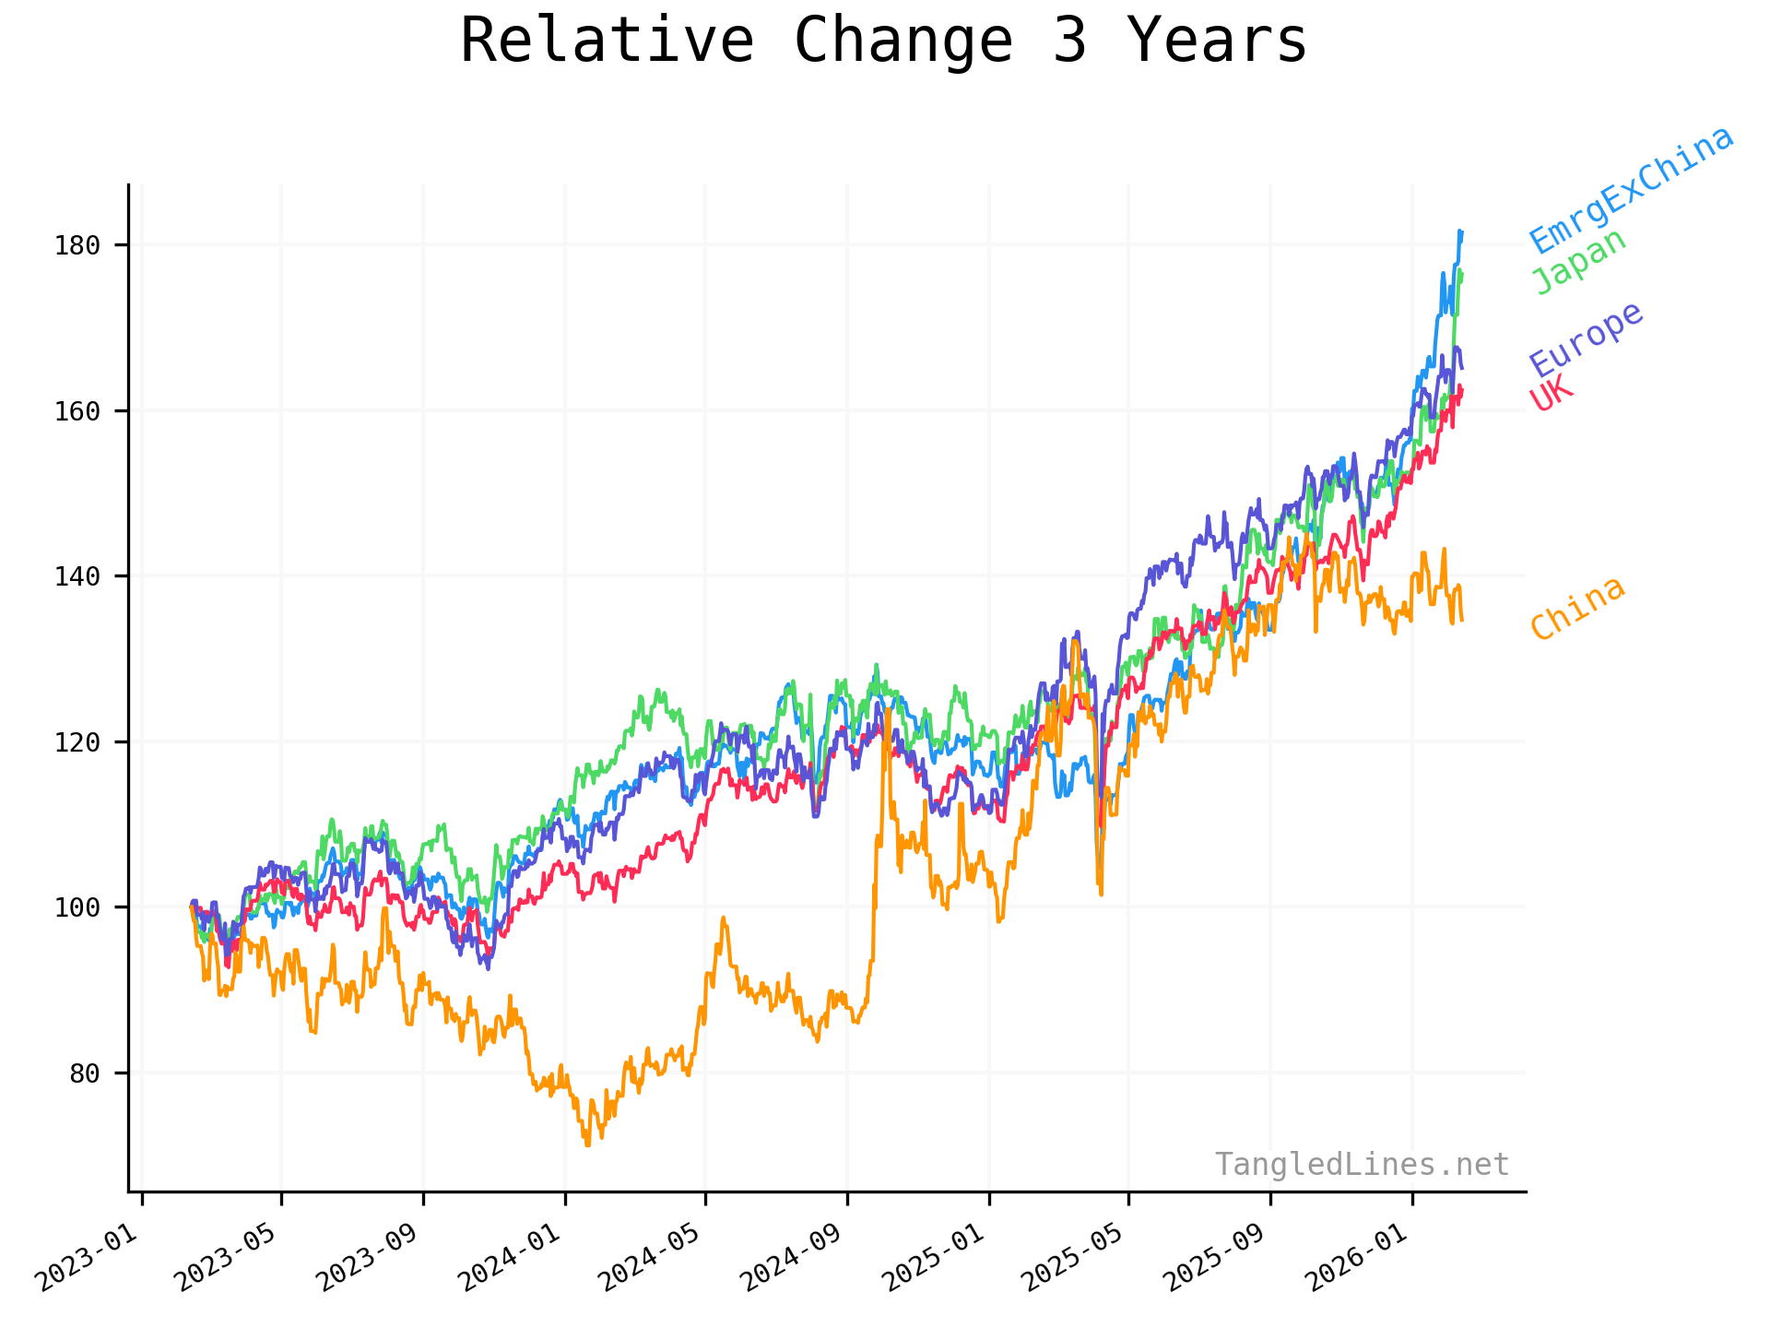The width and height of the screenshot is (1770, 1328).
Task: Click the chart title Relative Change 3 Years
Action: tap(883, 41)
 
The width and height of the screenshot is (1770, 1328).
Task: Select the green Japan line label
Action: tap(1578, 261)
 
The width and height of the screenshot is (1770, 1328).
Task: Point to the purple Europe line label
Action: tap(1586, 339)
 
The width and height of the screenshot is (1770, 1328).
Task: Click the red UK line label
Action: tap(1552, 394)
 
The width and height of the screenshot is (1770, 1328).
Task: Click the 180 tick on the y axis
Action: tap(77, 245)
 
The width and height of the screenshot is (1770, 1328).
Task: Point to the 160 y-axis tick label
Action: tap(77, 411)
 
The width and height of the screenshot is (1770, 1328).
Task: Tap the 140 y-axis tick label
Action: tap(77, 576)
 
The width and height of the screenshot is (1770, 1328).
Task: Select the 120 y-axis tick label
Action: tap(77, 742)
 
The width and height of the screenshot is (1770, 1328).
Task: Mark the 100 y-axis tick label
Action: tap(77, 907)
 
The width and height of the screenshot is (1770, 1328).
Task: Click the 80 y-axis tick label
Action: tap(85, 1073)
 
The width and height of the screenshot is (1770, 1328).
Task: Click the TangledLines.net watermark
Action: tap(1362, 1165)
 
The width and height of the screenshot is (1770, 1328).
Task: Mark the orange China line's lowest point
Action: tap(587, 1144)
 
